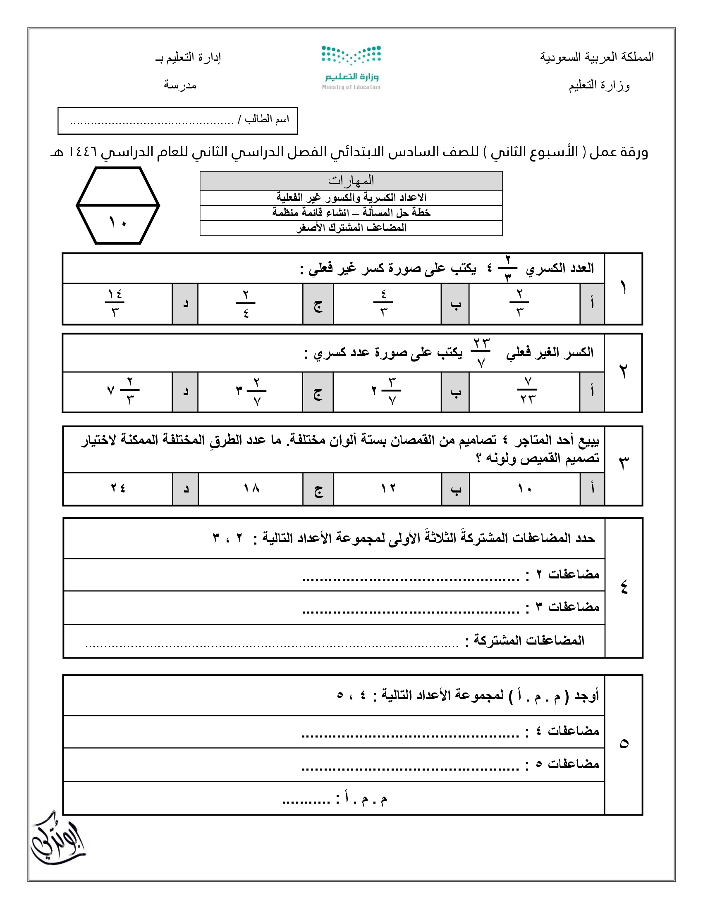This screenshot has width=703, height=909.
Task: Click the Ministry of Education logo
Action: tap(351, 67)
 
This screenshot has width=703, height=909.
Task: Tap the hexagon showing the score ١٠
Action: tap(118, 206)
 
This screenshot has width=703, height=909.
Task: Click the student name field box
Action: tap(178, 121)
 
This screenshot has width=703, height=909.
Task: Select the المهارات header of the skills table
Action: tap(351, 181)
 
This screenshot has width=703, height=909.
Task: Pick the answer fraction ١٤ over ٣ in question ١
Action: tap(115, 303)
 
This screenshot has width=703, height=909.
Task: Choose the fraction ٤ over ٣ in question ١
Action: tap(384, 303)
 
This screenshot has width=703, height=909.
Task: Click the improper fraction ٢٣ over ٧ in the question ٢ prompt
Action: tap(481, 352)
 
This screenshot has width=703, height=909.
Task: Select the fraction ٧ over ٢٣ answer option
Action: tap(527, 391)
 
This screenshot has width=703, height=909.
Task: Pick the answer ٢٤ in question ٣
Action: tap(118, 488)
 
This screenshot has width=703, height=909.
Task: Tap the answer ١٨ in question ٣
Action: tap(251, 488)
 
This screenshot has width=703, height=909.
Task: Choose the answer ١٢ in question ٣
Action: tap(388, 488)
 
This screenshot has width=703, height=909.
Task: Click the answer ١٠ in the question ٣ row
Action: tap(525, 488)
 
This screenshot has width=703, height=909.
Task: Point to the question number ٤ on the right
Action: tap(624, 587)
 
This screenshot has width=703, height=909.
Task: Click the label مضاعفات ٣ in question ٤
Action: tap(573, 607)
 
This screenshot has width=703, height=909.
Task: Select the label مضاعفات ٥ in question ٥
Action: tap(573, 764)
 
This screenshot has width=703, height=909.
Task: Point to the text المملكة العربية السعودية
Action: tap(597, 57)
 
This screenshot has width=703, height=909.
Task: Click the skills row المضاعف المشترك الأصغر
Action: tap(351, 228)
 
